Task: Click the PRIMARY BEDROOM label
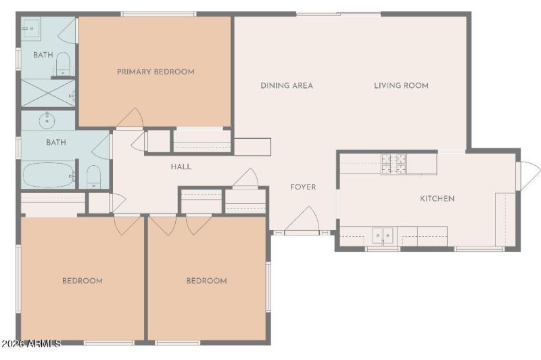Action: click(156, 72)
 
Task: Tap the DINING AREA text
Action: click(287, 86)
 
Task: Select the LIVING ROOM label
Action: click(401, 86)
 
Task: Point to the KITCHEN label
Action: click(438, 198)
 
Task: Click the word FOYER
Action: click(303, 187)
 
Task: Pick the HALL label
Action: click(181, 166)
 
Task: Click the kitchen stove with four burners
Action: click(394, 163)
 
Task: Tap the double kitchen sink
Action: click(383, 235)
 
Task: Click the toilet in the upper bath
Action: click(64, 62)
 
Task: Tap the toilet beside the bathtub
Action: click(93, 177)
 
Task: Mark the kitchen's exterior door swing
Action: click(527, 175)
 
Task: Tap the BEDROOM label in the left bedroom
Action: click(83, 281)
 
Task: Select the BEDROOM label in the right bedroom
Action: click(206, 281)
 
